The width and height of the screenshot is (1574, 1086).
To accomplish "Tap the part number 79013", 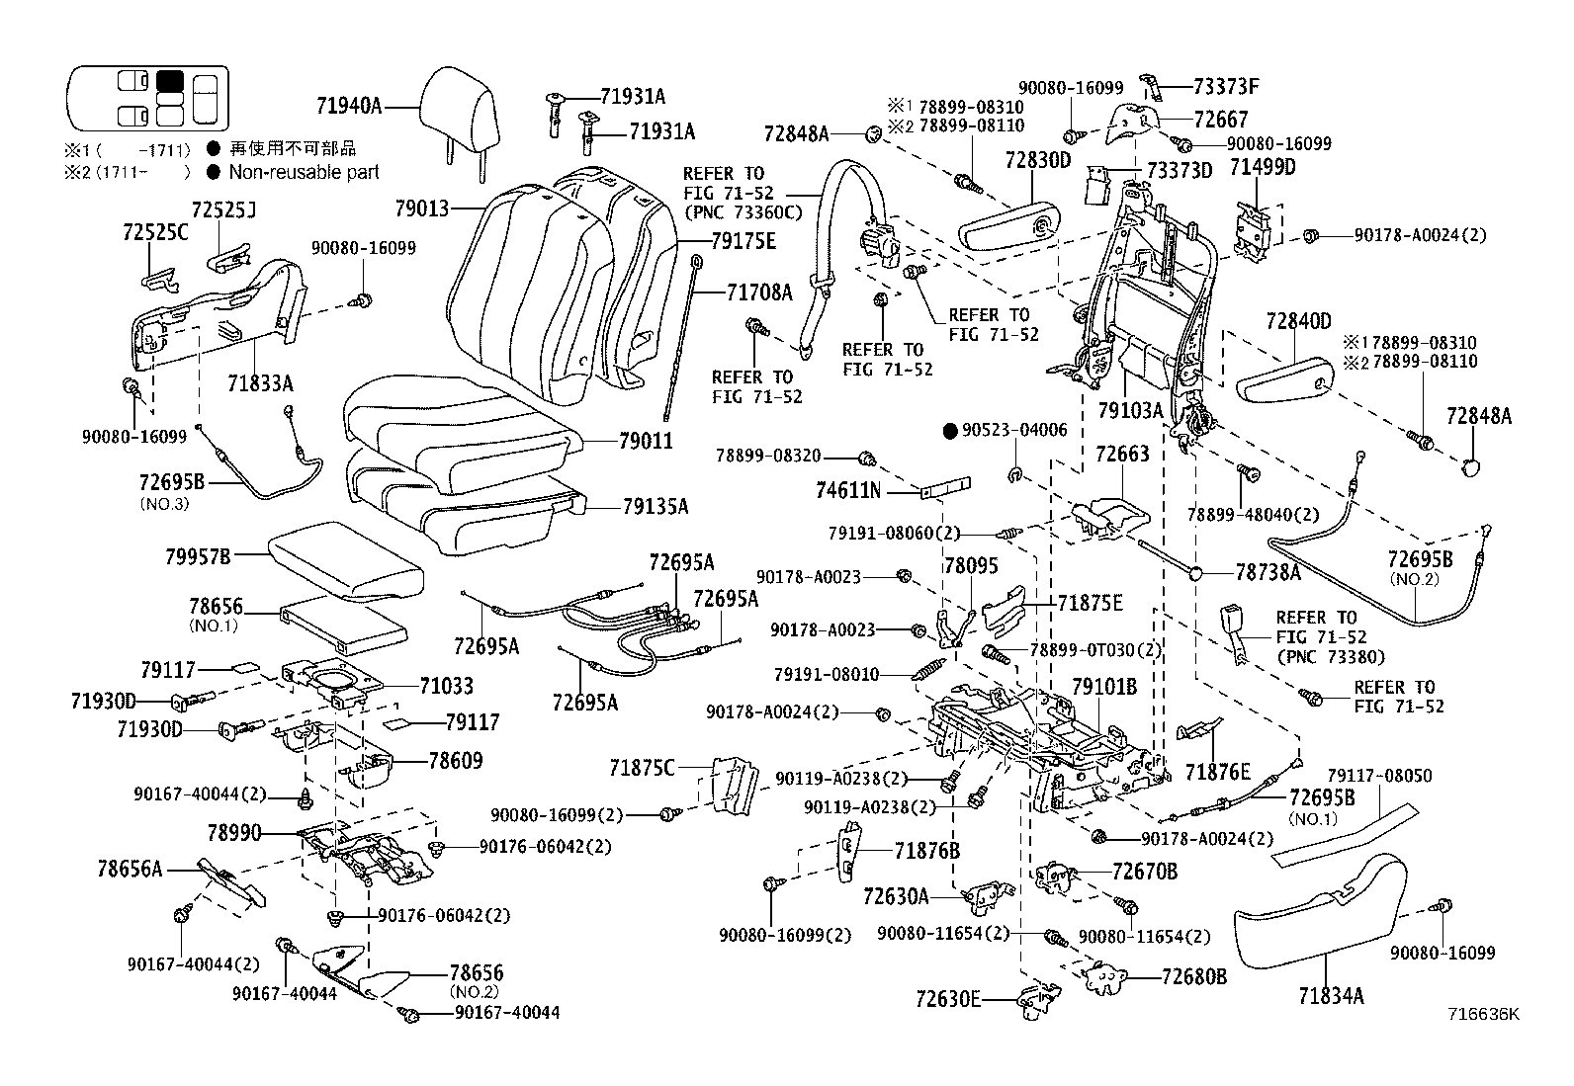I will pos(421,209).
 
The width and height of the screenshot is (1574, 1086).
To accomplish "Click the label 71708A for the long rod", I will pos(759,292).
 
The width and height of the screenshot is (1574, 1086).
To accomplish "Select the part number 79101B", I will pos(1104,686).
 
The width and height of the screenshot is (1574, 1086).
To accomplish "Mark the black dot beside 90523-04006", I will pos(950,431).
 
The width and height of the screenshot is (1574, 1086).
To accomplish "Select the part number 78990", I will pos(234,833).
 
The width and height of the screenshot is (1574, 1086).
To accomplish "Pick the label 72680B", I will pos(1193,976).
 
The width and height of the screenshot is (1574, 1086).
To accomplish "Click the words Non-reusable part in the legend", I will pos(304,172).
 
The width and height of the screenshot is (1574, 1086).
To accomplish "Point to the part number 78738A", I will pos(1268,572).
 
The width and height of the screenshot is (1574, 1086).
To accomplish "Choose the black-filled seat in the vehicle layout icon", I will pos(170,81).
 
